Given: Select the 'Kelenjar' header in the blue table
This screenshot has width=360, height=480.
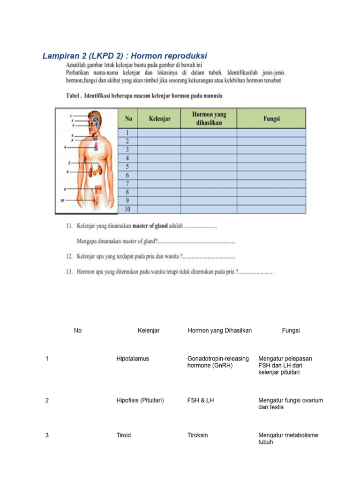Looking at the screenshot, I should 159,119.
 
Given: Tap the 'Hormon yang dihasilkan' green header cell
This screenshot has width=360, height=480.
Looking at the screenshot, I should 209,119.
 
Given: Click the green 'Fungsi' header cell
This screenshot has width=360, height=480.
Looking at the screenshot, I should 271,119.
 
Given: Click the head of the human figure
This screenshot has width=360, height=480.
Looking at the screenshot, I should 95,120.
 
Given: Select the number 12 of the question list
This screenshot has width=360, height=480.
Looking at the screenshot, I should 69,257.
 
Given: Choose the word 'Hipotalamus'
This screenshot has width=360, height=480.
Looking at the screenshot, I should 133,359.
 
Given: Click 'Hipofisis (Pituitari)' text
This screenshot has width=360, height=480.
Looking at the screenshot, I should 140,400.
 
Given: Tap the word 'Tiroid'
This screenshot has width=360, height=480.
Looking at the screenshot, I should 124,435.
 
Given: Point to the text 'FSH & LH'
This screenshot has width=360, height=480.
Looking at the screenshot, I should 201,400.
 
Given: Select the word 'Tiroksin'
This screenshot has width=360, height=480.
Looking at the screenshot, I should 198,435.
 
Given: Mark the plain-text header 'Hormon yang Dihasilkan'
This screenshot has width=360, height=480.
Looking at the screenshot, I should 220,330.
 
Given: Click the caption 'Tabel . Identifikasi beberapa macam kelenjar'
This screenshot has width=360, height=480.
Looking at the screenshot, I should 143,96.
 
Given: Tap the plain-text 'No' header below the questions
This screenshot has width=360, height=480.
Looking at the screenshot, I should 78,330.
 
